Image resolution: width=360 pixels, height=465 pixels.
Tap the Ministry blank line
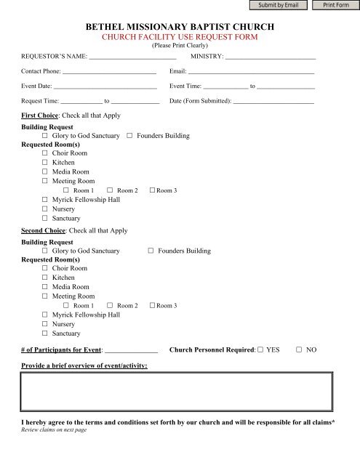[271, 55]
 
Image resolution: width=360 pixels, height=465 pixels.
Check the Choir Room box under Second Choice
[45, 269]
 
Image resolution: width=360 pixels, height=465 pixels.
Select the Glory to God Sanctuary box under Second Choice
[45, 251]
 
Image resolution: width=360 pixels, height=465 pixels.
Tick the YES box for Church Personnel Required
[260, 350]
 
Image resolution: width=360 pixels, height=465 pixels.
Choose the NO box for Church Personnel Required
[299, 350]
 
